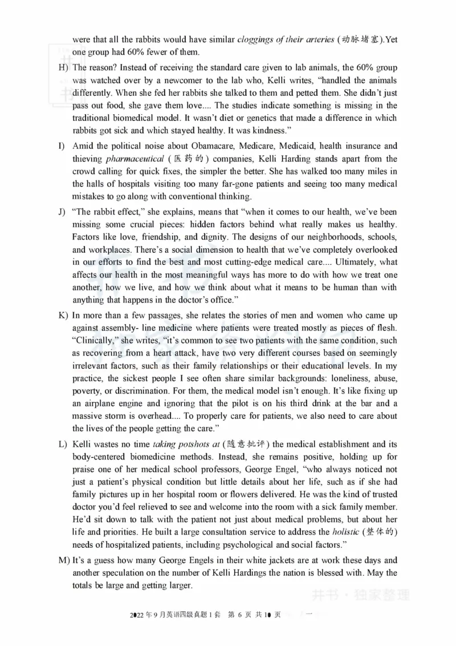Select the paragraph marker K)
coord(63,316)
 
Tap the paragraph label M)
coord(64,560)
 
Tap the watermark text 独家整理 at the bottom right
coord(388,596)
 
